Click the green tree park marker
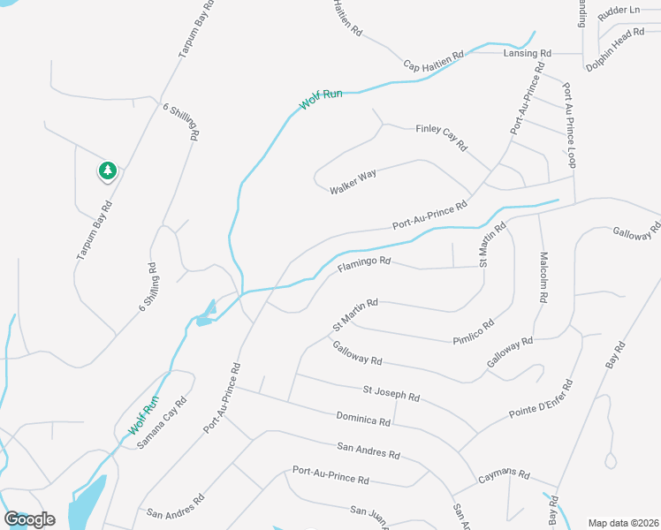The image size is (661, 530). pos(107,170)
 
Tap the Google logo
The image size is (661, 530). pos(30,519)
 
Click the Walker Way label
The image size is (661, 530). pos(353,182)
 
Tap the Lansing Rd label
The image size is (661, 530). pos(527,53)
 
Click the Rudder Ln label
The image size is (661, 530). pos(619,10)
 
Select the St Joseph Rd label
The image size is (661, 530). pos(391,393)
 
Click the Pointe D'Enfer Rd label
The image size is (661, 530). pos(542,401)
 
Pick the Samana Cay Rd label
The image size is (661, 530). pos(163,423)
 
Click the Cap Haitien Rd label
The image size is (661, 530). pos(434,60)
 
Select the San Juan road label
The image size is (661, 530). pos(369,512)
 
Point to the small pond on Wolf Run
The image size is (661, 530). pos(206,313)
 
